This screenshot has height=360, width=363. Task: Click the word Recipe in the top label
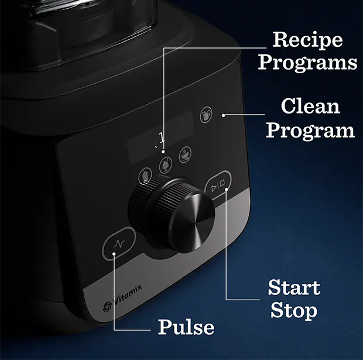click(307, 40)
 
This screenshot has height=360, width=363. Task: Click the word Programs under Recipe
click(307, 61)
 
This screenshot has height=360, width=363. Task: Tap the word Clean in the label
click(310, 107)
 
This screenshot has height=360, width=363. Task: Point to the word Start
click(294, 287)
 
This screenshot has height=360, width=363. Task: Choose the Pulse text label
click(186, 327)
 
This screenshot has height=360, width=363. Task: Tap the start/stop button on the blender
click(218, 186)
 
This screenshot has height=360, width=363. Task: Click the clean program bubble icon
click(206, 112)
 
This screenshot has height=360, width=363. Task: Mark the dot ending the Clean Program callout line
click(224, 115)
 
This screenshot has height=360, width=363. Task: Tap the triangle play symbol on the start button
click(214, 187)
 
